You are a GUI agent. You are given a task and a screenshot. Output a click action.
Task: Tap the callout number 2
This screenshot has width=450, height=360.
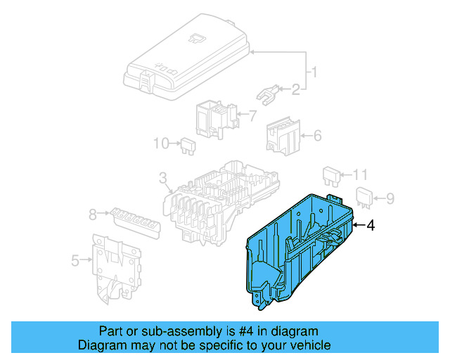[x=296, y=89]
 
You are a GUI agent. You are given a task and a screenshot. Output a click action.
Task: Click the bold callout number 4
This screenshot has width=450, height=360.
[x=371, y=225]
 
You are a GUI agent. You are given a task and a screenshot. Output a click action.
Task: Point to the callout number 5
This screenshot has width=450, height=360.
[x=75, y=262]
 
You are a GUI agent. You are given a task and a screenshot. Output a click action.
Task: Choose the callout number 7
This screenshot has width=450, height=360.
[x=252, y=115]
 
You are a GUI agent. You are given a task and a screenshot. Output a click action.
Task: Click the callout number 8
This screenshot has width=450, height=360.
[x=92, y=215]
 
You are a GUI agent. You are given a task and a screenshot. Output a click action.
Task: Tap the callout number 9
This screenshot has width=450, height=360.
[x=392, y=198]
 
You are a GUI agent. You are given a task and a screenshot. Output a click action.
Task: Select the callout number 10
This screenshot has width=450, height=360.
[x=162, y=143]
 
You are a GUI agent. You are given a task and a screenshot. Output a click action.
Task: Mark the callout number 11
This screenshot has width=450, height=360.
[x=360, y=174]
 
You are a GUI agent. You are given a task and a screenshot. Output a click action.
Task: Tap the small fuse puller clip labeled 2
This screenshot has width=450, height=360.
[x=266, y=92]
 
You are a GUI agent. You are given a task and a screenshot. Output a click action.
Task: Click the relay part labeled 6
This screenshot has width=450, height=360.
[x=282, y=134]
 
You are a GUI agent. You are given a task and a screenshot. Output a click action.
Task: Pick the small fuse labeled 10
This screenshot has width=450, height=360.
[x=186, y=145]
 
